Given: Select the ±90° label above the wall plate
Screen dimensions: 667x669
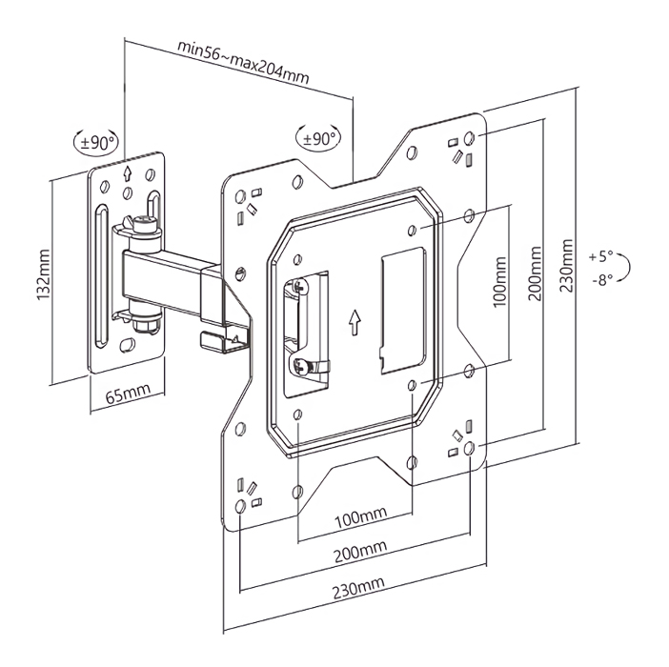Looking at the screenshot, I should (97, 143).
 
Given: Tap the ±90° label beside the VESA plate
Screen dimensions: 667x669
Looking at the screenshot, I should (319, 138).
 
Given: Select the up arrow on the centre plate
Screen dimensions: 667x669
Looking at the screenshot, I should (355, 322).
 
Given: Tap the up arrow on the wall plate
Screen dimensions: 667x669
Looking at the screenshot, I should (128, 174).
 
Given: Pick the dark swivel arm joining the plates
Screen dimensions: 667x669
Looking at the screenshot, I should (172, 276).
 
